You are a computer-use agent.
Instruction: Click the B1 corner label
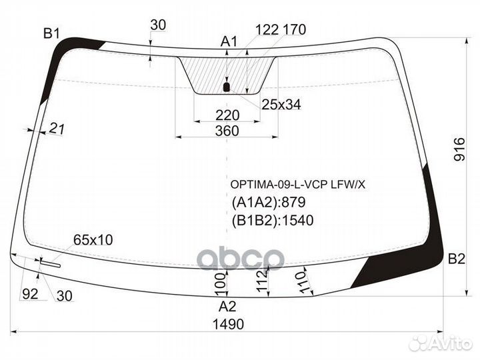[x=51, y=33]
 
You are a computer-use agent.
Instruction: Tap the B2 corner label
[x=457, y=259]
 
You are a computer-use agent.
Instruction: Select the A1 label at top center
[x=229, y=41]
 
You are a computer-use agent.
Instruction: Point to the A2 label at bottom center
[x=227, y=307]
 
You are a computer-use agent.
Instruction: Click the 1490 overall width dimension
[x=228, y=324]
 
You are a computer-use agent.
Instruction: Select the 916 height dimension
[x=459, y=149]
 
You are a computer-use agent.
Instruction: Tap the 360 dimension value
[x=227, y=131]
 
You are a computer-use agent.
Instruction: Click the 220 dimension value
[x=227, y=116]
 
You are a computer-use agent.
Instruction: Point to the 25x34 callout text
[x=281, y=105]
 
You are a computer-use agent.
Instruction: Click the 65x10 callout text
[x=93, y=240]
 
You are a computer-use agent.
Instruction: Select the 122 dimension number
[x=267, y=30]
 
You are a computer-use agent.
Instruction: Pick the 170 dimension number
[x=295, y=30]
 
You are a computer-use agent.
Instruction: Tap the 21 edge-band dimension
[x=57, y=129]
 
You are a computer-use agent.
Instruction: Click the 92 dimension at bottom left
[x=30, y=294]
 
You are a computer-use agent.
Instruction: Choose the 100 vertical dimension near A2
[x=221, y=285]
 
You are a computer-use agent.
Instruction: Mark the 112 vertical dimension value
[x=263, y=281]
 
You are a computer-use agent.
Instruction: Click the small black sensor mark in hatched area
[x=227, y=87]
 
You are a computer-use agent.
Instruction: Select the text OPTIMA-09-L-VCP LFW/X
[x=298, y=185]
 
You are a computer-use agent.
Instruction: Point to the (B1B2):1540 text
[x=273, y=221]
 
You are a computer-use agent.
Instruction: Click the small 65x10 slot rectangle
[x=51, y=264]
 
